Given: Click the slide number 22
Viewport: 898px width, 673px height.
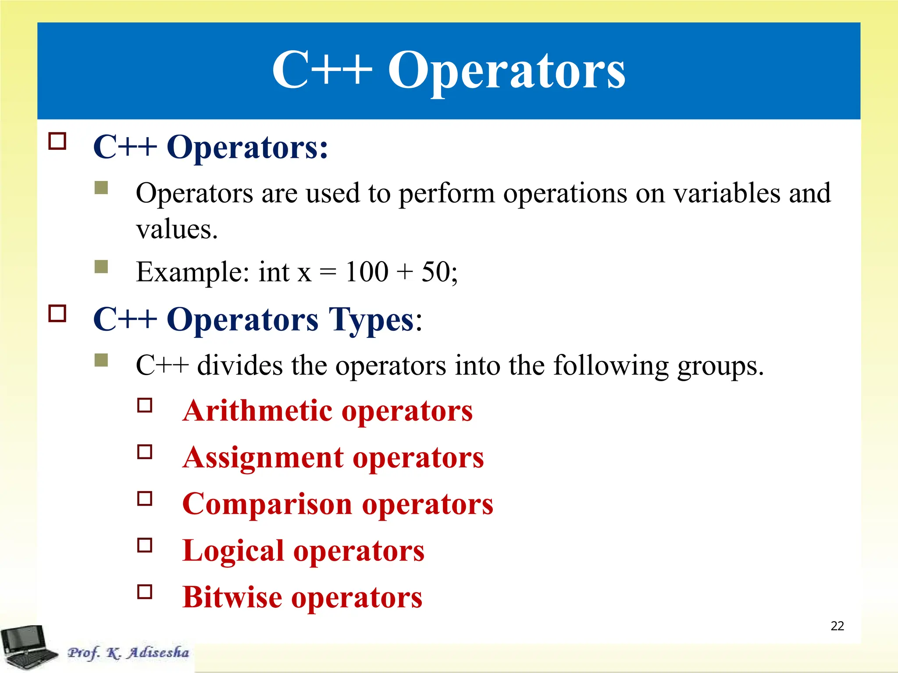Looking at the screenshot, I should (837, 626).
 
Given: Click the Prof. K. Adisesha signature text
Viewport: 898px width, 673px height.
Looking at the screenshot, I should (128, 653).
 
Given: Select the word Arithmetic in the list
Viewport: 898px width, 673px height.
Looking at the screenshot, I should (258, 411).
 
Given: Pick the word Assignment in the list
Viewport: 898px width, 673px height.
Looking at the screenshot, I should (263, 458).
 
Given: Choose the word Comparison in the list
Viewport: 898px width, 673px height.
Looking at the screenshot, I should (267, 504).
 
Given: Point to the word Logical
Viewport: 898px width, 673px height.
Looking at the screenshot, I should (233, 551).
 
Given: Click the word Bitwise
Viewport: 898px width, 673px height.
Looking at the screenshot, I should (232, 597).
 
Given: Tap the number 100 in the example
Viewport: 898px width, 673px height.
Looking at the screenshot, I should (367, 272).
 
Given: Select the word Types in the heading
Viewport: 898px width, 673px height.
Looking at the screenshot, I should (371, 320).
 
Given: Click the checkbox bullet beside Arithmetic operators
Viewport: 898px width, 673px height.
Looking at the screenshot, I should (145, 405).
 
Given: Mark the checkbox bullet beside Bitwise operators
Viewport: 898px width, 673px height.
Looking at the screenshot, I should (145, 592).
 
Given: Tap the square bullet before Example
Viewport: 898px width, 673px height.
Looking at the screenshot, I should (101, 266).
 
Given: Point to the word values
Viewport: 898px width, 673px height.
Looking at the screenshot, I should (176, 229).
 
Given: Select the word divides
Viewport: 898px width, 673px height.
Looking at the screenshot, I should (240, 365).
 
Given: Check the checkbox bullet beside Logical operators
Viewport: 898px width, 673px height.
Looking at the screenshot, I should (145, 545).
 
